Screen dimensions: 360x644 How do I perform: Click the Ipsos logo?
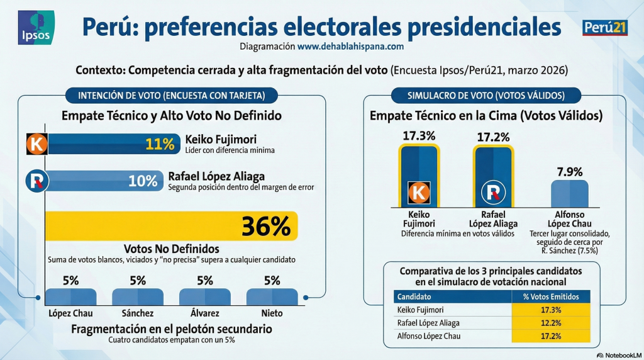click(x=36, y=27)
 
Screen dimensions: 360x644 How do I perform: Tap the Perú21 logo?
click(x=605, y=28)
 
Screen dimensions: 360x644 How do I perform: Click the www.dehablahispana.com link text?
click(x=350, y=46)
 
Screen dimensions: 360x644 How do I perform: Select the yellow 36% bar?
click(x=171, y=226)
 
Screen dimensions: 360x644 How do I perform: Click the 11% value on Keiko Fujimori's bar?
click(x=160, y=144)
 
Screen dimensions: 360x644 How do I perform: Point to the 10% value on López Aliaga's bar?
click(x=143, y=181)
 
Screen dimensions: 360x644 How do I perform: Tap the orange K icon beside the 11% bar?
click(x=36, y=144)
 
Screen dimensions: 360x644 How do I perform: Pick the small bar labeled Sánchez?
click(x=138, y=298)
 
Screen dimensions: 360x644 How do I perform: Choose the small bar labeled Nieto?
click(x=272, y=298)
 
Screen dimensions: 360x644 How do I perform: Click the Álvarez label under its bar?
click(x=205, y=313)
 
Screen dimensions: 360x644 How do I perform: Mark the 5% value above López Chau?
click(x=71, y=281)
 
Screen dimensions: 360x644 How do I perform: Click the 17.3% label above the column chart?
click(x=419, y=135)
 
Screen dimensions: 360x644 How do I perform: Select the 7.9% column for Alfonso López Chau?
click(x=570, y=194)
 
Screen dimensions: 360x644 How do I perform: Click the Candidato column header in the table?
click(x=414, y=296)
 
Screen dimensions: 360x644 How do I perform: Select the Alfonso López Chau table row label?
click(x=428, y=336)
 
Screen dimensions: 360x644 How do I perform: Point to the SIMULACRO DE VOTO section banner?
click(x=486, y=96)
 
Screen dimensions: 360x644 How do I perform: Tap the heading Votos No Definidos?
click(x=171, y=249)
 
